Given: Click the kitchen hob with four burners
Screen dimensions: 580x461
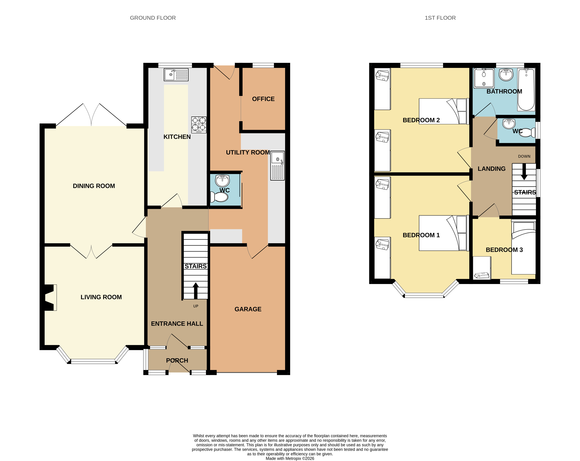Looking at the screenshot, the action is click(x=199, y=125).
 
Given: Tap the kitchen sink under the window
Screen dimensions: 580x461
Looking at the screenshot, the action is click(x=176, y=75).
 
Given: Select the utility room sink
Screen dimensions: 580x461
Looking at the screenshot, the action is click(x=277, y=165).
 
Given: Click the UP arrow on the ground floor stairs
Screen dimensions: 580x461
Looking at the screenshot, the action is click(x=196, y=291).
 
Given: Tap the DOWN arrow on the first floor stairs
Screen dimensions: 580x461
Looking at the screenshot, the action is click(x=524, y=172).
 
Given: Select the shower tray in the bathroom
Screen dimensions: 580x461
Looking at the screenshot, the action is click(x=484, y=78).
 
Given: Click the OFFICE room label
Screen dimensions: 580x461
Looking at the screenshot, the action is click(x=263, y=99).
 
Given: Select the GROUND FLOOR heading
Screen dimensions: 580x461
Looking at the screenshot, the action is click(x=153, y=18).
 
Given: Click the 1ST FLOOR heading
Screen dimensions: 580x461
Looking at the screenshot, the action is click(x=440, y=18).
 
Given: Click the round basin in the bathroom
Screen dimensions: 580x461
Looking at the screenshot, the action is click(x=506, y=75).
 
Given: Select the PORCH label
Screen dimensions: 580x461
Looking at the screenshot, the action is click(x=177, y=360).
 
